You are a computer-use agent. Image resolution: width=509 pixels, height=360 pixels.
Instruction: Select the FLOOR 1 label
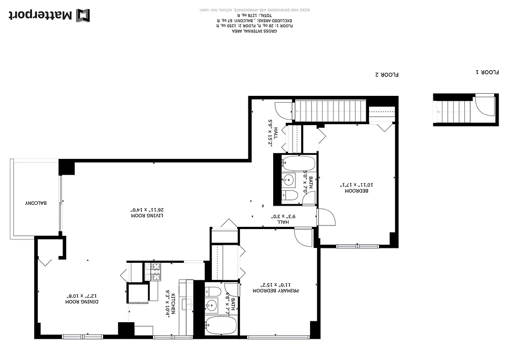click(488, 72)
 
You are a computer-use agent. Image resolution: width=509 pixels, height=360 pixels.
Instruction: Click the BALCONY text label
click(36, 203)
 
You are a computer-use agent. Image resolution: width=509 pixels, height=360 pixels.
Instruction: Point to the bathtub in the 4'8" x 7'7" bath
click(220, 325)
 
